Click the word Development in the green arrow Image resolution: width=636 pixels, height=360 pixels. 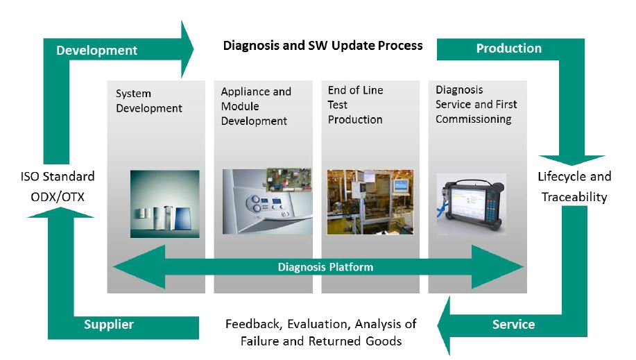[x=96, y=50]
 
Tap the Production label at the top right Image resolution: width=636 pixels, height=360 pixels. [x=508, y=49]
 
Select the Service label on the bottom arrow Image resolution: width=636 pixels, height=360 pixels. [x=513, y=324]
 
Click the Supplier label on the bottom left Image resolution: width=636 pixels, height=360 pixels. [x=108, y=324]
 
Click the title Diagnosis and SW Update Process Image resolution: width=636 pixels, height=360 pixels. [x=322, y=46]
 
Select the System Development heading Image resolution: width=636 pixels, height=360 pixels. [x=148, y=101]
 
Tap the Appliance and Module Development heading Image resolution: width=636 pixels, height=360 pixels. [x=256, y=106]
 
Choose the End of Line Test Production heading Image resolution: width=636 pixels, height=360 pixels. [x=355, y=105]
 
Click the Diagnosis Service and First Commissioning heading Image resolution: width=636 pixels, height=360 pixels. [x=476, y=105]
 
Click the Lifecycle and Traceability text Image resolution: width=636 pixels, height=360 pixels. [x=574, y=187]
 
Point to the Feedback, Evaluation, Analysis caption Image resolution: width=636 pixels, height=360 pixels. [x=320, y=332]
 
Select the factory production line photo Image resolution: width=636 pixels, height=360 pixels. [x=369, y=202]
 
